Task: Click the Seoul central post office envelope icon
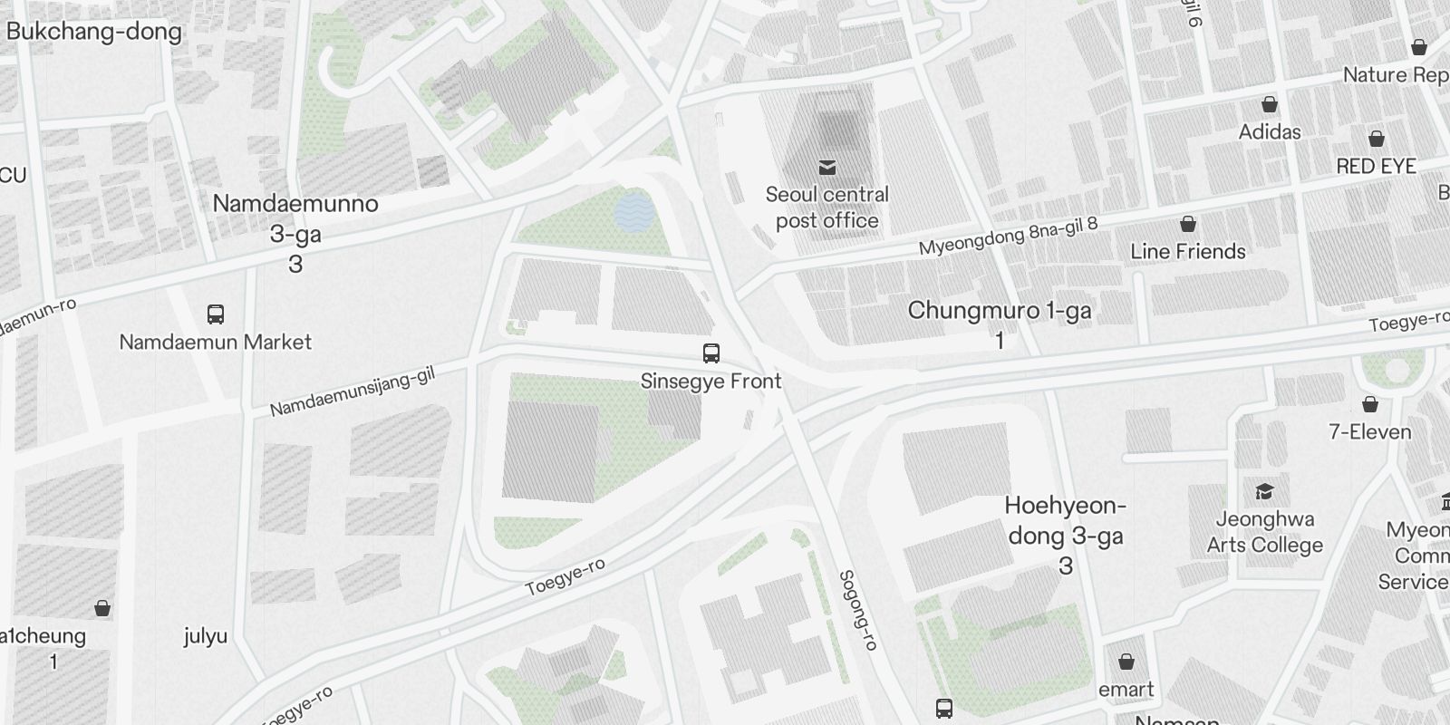[x=826, y=167]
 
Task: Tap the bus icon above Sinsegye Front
[x=711, y=353]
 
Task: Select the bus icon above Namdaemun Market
[x=216, y=314]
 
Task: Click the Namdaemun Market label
[x=216, y=342]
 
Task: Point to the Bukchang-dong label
[x=93, y=32]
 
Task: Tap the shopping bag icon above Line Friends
[x=1187, y=224]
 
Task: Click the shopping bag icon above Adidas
[x=1270, y=104]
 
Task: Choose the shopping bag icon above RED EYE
[x=1376, y=139]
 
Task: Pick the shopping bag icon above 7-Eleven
[x=1369, y=404]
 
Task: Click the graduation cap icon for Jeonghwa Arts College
[x=1263, y=492]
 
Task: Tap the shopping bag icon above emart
[x=1126, y=662]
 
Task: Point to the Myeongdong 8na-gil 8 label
[x=1008, y=235]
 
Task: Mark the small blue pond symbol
[x=632, y=211]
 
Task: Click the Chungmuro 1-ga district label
[x=1000, y=323]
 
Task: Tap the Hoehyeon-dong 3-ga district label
[x=1066, y=535]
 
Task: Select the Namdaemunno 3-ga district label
[x=295, y=233]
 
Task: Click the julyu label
[x=205, y=636]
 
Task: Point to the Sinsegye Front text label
[x=710, y=382]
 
